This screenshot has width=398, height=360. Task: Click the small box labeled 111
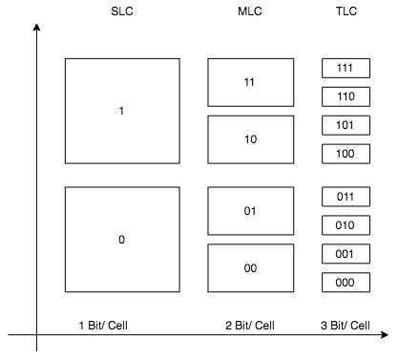[x=346, y=68]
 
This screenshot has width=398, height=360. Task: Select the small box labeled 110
[x=346, y=96]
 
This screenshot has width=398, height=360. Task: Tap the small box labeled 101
[x=346, y=125]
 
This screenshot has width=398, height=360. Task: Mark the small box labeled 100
[x=346, y=154]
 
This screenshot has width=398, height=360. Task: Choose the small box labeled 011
[x=346, y=197]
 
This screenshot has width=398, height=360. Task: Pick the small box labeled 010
[x=346, y=225]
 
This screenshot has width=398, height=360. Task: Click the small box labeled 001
[x=346, y=254]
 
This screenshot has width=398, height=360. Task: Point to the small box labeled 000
[x=346, y=283]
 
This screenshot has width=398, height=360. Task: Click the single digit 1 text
[x=121, y=111]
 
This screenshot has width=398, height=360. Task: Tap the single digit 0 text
[x=121, y=240]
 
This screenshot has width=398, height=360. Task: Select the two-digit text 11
[x=250, y=82]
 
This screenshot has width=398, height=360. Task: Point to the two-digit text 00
[x=250, y=268]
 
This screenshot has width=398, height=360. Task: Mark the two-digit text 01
[x=250, y=211]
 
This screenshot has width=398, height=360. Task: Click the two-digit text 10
[x=250, y=139]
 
